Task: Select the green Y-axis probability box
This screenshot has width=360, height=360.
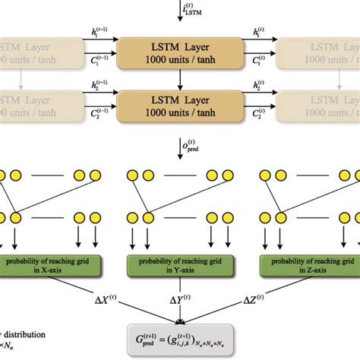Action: point(179,267)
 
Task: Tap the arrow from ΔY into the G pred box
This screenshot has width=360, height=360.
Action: point(180,316)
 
